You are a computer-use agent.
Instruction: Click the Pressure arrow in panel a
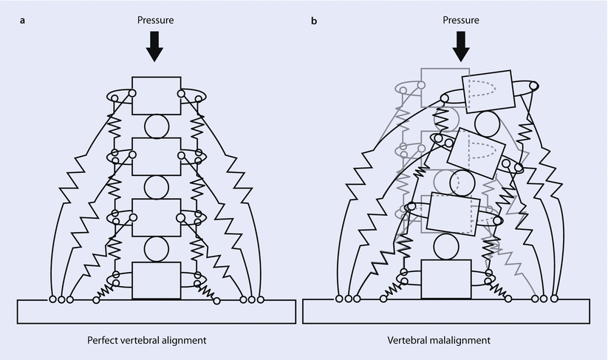(x=154, y=47)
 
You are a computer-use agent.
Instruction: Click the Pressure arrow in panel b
(x=462, y=47)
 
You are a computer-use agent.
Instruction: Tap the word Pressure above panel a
(x=154, y=21)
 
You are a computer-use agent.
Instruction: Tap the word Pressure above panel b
(x=462, y=21)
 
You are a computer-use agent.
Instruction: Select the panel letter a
(x=23, y=21)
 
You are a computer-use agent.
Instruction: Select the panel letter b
(x=314, y=21)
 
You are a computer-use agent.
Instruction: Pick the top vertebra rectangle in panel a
(x=156, y=95)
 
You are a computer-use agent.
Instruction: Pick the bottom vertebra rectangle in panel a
(x=156, y=280)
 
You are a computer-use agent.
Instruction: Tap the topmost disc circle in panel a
(x=156, y=126)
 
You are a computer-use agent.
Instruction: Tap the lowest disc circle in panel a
(x=156, y=249)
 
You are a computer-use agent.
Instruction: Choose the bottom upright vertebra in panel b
(x=445, y=279)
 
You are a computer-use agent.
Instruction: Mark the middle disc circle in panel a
(x=156, y=187)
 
